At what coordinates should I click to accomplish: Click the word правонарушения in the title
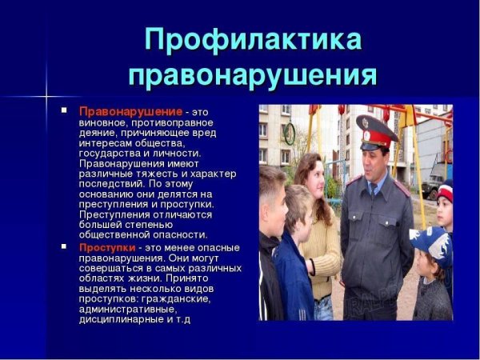coord(252,75)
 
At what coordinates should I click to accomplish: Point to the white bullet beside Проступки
coord(65,247)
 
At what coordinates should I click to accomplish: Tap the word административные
coord(129,309)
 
